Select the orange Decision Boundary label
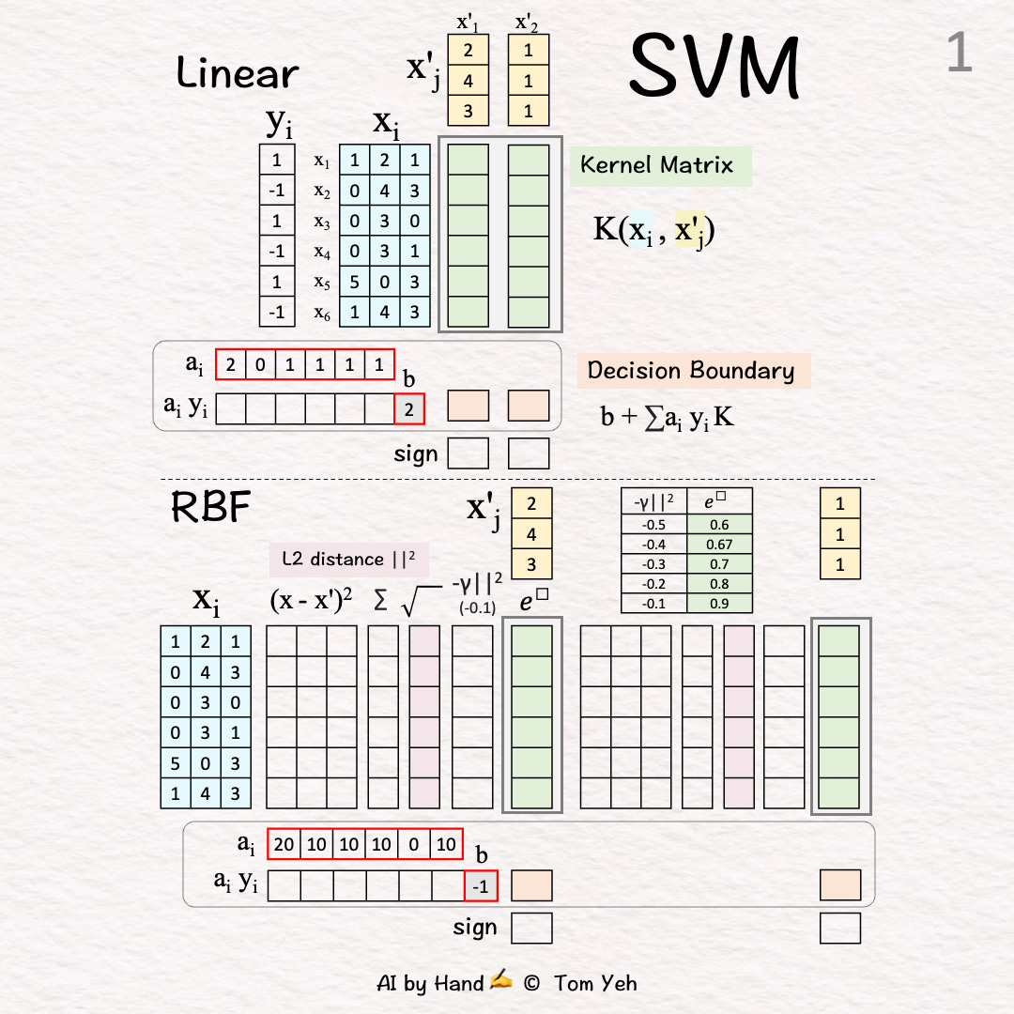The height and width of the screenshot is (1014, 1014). (692, 370)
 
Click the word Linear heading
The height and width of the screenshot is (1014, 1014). (238, 73)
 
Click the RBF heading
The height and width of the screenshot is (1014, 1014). (210, 508)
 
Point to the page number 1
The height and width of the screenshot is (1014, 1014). (959, 54)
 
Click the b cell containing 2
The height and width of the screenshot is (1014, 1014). (409, 408)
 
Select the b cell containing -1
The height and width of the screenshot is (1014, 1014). (481, 886)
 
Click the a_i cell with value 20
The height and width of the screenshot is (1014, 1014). (284, 844)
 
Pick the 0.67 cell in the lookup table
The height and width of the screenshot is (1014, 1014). (719, 545)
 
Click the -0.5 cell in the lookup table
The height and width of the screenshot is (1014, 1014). (654, 525)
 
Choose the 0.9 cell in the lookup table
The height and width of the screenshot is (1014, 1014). (719, 604)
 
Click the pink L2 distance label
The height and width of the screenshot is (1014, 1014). (349, 560)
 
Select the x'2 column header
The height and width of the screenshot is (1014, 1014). (528, 21)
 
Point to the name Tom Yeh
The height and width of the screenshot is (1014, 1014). (595, 983)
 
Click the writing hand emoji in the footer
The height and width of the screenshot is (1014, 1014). (501, 981)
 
